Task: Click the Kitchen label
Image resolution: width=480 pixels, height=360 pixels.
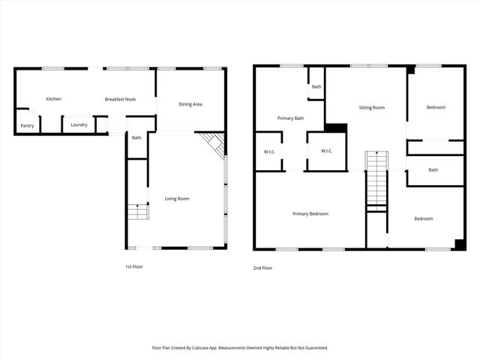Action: [x=53, y=99]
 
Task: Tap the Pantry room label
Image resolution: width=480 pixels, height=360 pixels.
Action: [x=27, y=125]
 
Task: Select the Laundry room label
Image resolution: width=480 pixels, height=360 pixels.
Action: [x=79, y=124]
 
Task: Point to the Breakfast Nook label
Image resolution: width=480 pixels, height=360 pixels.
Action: [x=120, y=99]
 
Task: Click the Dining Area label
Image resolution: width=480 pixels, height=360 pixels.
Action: [x=190, y=104]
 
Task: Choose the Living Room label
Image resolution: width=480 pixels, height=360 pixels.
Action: [x=177, y=199]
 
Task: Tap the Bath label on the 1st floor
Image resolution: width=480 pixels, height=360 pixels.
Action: [x=136, y=137]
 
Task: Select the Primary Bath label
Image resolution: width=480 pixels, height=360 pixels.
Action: [x=290, y=118]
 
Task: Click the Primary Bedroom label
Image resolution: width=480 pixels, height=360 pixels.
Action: [x=310, y=214]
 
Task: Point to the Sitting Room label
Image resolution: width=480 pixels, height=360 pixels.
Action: [x=371, y=108]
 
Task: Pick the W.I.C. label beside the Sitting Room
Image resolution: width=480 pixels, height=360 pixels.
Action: [x=326, y=151]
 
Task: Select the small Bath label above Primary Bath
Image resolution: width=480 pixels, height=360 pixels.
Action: [x=316, y=87]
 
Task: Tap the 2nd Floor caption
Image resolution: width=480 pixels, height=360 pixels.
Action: [x=263, y=267]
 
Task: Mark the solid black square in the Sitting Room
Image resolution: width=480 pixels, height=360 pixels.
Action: [x=337, y=128]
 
